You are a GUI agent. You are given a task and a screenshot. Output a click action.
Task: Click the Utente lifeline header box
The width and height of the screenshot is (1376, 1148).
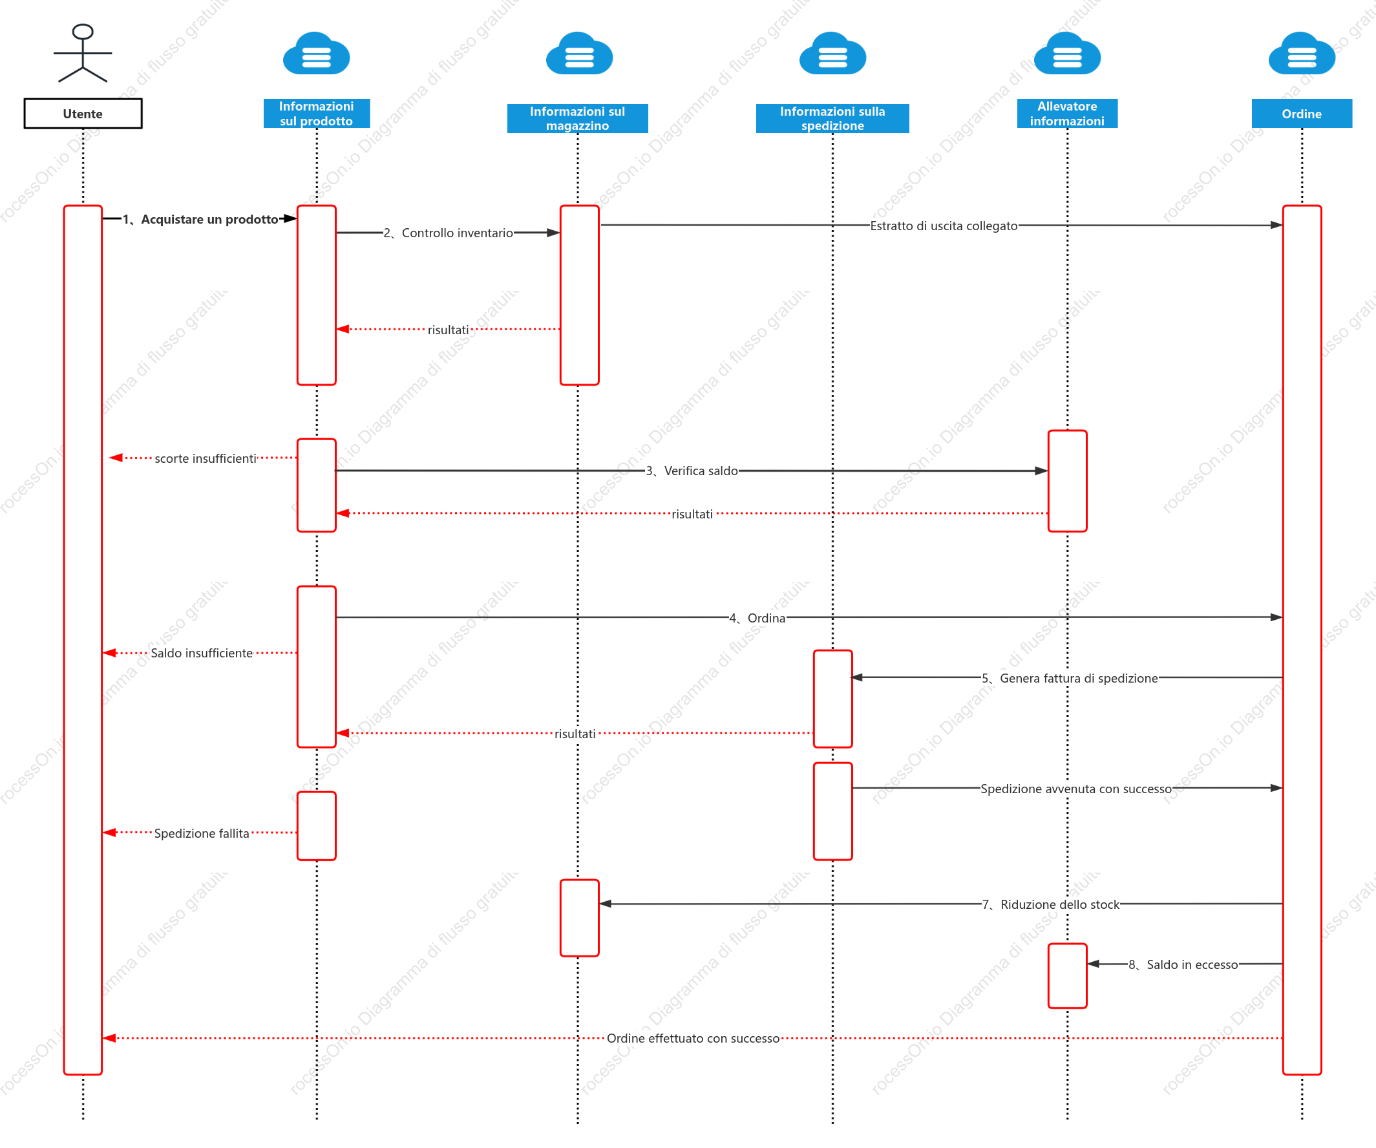tap(83, 113)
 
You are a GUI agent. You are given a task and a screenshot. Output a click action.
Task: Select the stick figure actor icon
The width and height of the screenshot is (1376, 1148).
tap(83, 53)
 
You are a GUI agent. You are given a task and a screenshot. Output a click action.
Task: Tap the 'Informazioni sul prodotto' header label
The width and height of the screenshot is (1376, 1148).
tap(317, 113)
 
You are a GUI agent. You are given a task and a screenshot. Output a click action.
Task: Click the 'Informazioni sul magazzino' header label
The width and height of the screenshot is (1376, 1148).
tap(577, 118)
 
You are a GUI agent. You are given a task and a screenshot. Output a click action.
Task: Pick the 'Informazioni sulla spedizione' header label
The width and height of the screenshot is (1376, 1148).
tap(832, 118)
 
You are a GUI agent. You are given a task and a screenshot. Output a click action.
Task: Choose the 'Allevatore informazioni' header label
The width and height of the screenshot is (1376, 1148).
tap(1066, 113)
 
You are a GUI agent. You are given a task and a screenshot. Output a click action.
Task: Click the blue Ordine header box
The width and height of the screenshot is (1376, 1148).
tap(1301, 113)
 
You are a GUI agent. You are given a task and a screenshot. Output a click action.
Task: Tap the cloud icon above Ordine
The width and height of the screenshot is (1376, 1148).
tap(1301, 53)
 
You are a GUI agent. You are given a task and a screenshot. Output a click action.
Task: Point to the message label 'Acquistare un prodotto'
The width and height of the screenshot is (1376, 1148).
tap(209, 220)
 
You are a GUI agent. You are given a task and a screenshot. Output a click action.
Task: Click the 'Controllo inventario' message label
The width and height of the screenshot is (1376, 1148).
tap(458, 233)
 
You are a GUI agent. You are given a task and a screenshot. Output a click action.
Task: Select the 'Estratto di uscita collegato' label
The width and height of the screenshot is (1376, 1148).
tap(944, 226)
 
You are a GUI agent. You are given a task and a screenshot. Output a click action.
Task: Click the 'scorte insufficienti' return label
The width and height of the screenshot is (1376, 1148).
tap(206, 459)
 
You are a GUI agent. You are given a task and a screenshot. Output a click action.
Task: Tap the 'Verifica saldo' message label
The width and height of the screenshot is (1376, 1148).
tap(701, 471)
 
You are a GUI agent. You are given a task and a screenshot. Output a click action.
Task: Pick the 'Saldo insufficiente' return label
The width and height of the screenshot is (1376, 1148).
tap(202, 654)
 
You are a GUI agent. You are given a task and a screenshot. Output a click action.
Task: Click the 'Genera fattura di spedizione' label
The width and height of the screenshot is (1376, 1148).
tap(1079, 678)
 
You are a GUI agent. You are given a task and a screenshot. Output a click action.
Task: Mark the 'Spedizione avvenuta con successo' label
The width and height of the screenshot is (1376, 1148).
tap(1076, 789)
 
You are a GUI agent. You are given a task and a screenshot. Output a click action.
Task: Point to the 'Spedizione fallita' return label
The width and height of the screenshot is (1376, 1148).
tap(202, 833)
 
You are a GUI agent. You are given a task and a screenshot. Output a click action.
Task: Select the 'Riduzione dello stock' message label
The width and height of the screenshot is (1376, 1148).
tap(1060, 905)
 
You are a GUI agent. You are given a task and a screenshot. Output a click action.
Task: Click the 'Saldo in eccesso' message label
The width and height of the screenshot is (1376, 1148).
tap(1192, 964)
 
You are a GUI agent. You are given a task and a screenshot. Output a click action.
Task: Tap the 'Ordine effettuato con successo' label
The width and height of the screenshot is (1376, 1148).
tap(693, 1039)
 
